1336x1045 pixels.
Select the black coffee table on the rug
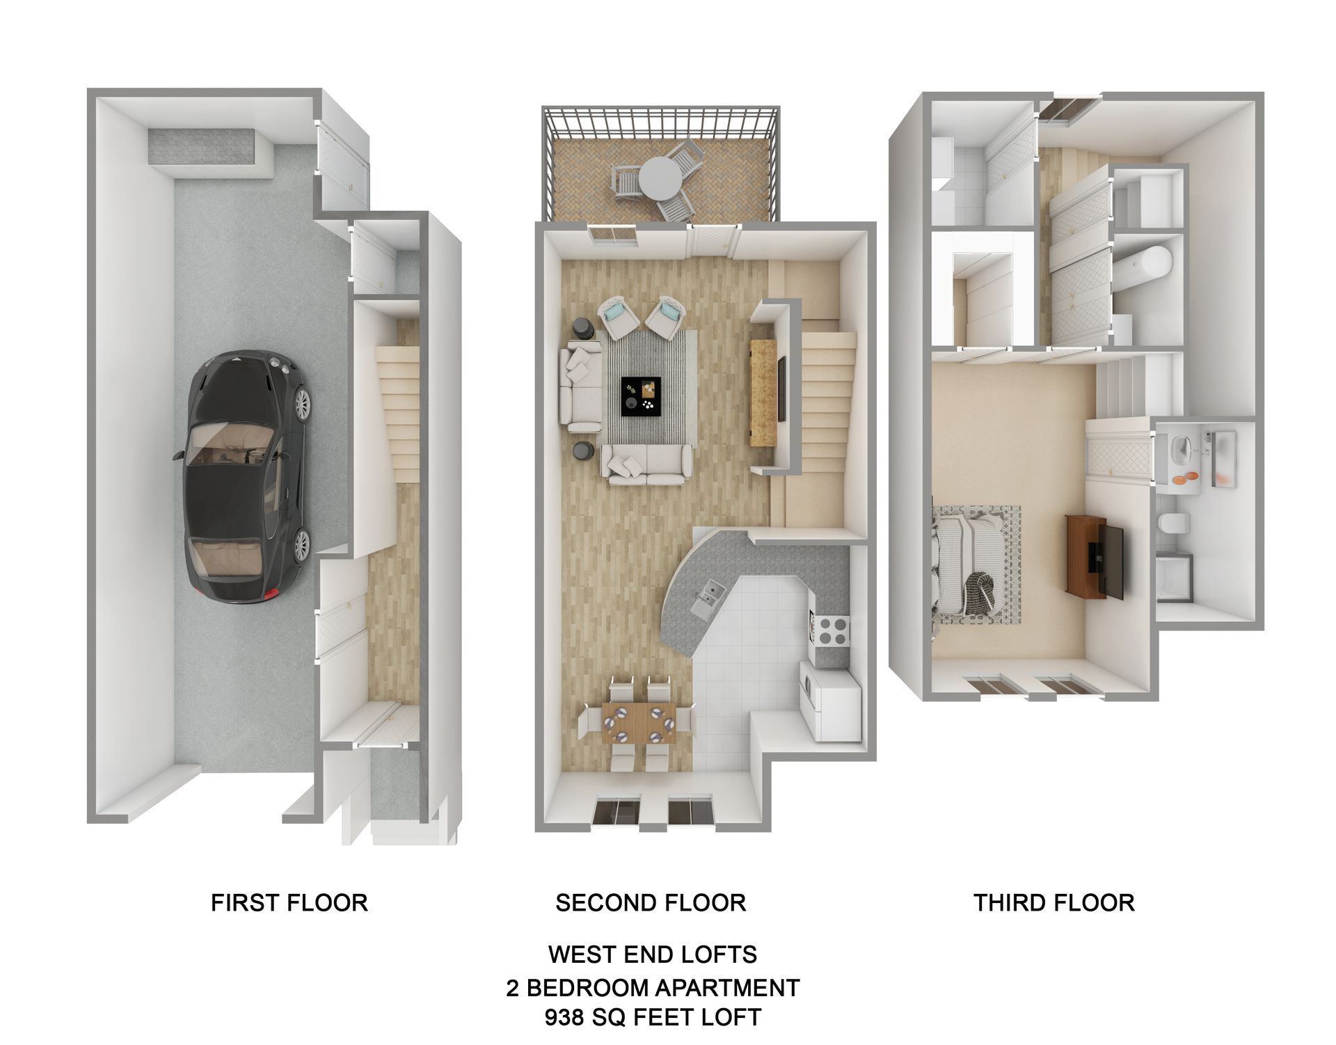[641, 396]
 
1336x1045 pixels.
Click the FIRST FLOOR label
[289, 903]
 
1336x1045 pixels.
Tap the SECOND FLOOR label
[651, 903]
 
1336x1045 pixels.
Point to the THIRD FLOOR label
[1053, 903]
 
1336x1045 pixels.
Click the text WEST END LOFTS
[652, 954]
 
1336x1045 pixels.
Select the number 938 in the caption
[564, 1017]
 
